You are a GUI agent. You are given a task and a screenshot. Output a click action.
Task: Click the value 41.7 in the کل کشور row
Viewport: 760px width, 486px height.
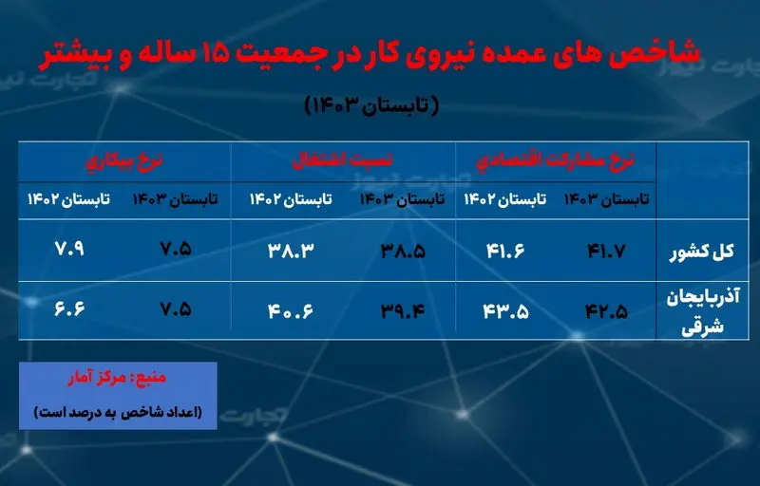[x=606, y=251]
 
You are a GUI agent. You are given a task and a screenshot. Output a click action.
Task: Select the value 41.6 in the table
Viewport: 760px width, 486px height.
[x=505, y=251]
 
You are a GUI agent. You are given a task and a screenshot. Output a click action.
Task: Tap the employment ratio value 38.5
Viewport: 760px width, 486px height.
[x=403, y=251]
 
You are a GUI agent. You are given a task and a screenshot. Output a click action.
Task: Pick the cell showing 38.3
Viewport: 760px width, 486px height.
[x=291, y=251]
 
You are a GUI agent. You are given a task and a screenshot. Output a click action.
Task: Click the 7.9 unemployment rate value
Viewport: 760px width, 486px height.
[x=68, y=249]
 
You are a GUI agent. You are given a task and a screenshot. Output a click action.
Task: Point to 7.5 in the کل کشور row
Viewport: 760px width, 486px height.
[x=176, y=249]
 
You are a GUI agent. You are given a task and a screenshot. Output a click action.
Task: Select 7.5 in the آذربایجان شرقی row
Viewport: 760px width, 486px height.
[x=176, y=308]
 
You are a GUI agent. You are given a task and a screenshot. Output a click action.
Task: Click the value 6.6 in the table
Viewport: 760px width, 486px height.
[x=69, y=308]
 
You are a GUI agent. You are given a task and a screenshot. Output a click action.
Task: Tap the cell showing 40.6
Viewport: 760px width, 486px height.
[x=291, y=310]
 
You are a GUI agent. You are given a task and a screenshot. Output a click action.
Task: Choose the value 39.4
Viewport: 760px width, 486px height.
[x=403, y=310]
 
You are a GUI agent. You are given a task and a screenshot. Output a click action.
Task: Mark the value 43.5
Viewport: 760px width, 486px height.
[x=505, y=310]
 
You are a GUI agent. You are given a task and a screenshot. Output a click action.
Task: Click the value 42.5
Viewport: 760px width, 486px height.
[x=606, y=310]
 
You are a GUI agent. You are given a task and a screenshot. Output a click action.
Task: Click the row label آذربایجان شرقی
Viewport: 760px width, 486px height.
[x=703, y=312]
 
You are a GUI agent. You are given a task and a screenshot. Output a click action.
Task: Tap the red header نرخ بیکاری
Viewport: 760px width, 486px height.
[x=124, y=161]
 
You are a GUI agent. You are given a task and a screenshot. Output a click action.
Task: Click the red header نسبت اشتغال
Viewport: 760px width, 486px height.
[x=342, y=161]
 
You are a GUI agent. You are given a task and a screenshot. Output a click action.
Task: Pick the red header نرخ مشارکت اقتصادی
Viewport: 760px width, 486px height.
[x=555, y=161]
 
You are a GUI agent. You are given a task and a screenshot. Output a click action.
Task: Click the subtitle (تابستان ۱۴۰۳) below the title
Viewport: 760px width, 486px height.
[x=371, y=105]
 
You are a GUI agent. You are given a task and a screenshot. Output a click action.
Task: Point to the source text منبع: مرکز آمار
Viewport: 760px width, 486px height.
[x=117, y=378]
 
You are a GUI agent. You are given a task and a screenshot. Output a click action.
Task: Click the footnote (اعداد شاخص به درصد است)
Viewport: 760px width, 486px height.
[x=118, y=412]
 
